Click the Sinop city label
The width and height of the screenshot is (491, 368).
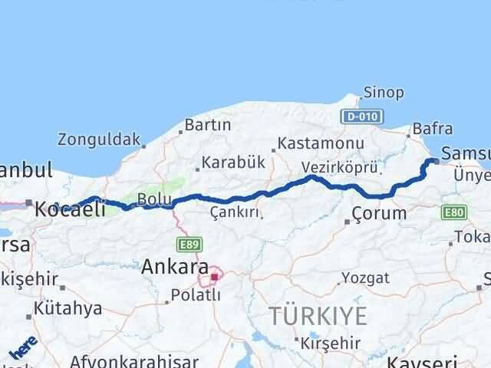tap(384, 93)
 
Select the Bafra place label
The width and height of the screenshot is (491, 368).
tap(432, 129)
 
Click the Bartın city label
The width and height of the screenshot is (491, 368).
tap(208, 125)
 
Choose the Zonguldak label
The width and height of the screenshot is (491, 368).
tap(99, 140)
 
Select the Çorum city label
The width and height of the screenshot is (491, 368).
tap(379, 213)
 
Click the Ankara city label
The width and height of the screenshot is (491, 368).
tap(175, 268)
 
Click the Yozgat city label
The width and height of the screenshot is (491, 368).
tap(360, 277)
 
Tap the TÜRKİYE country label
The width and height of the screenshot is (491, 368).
tap(318, 314)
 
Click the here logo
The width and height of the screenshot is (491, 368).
tap(23, 351)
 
